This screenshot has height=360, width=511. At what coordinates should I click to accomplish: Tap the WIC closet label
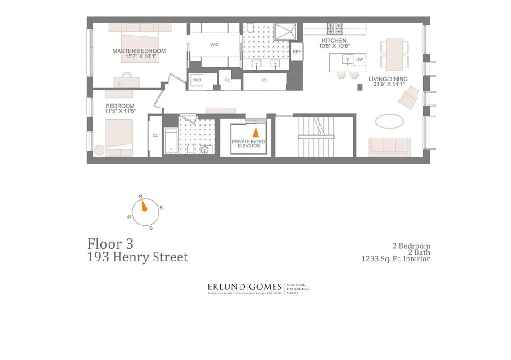[214, 45]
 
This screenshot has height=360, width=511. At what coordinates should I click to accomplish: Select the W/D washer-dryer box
[197, 80]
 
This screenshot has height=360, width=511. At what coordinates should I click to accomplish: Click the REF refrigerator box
[297, 52]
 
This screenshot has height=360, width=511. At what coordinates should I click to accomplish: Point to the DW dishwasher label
[359, 60]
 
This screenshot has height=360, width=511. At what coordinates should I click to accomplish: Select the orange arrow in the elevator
[255, 133]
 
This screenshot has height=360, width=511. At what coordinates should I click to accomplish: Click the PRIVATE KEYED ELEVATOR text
[249, 144]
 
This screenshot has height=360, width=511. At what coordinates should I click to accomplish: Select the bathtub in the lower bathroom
[171, 141]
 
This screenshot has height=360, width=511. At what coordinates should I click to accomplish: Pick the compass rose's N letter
[140, 197]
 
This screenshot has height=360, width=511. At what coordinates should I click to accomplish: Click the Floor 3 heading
[110, 244]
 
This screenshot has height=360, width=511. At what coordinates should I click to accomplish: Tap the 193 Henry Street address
[137, 257]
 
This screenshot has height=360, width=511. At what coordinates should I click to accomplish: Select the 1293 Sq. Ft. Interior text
[395, 259]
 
